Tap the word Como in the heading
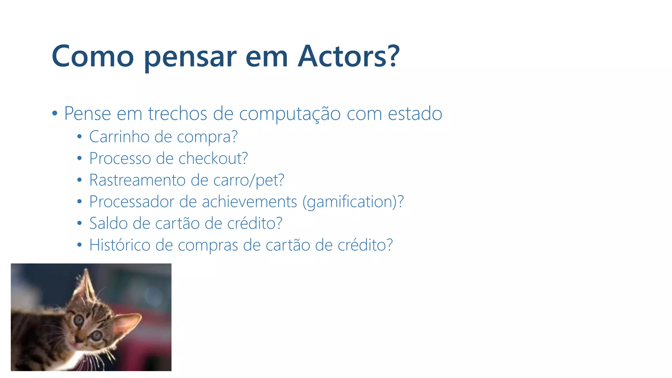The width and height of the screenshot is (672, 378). point(93,56)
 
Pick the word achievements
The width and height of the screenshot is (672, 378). point(249,202)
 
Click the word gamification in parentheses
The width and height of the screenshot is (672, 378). point(349,202)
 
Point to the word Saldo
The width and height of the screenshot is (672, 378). point(109,223)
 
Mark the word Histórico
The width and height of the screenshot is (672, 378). point(120,245)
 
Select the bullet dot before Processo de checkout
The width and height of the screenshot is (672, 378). point(79,159)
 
